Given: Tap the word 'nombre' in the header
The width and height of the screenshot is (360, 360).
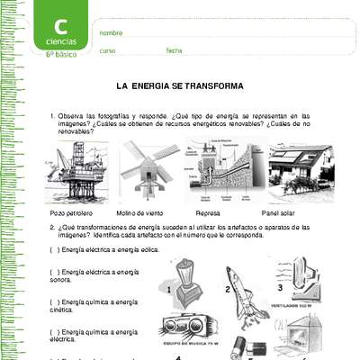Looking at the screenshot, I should click(x=111, y=32).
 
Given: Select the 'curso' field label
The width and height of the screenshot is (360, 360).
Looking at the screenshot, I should click(x=107, y=50).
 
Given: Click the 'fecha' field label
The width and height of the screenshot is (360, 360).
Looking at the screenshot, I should click(x=174, y=50).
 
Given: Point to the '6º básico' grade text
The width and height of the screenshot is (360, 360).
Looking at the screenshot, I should click(x=61, y=54).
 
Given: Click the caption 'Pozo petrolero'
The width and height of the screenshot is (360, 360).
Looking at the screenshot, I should click(x=73, y=214).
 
